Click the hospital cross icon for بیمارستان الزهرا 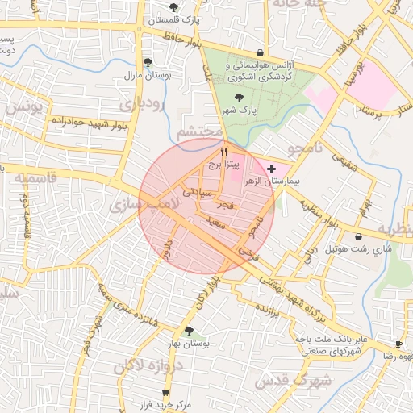(x=271, y=169)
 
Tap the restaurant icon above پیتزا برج (x=224, y=150)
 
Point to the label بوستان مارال (x=145, y=75)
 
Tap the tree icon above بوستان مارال (x=146, y=61)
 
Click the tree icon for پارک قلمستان (x=174, y=7)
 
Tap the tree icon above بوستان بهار (x=189, y=331)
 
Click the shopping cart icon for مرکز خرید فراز (x=165, y=392)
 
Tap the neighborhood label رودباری (x=143, y=104)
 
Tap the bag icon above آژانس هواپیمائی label (x=259, y=51)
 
